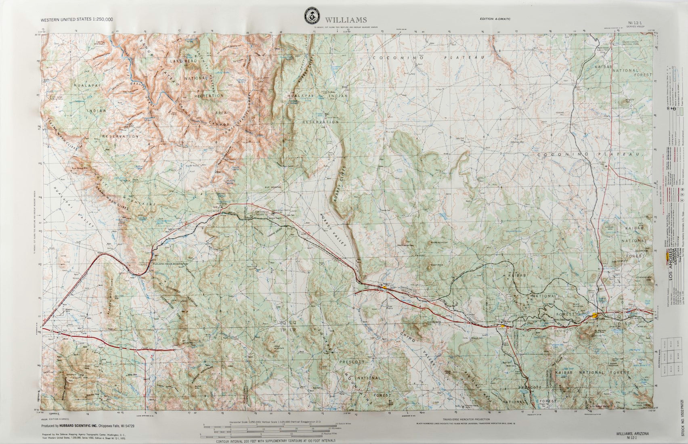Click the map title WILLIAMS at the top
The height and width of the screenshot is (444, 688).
click(x=346, y=20)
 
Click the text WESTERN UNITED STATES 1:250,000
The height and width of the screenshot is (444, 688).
click(x=77, y=19)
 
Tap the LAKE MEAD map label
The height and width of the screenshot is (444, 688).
click(x=185, y=61)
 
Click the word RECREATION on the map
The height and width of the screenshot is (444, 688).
click(x=209, y=96)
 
